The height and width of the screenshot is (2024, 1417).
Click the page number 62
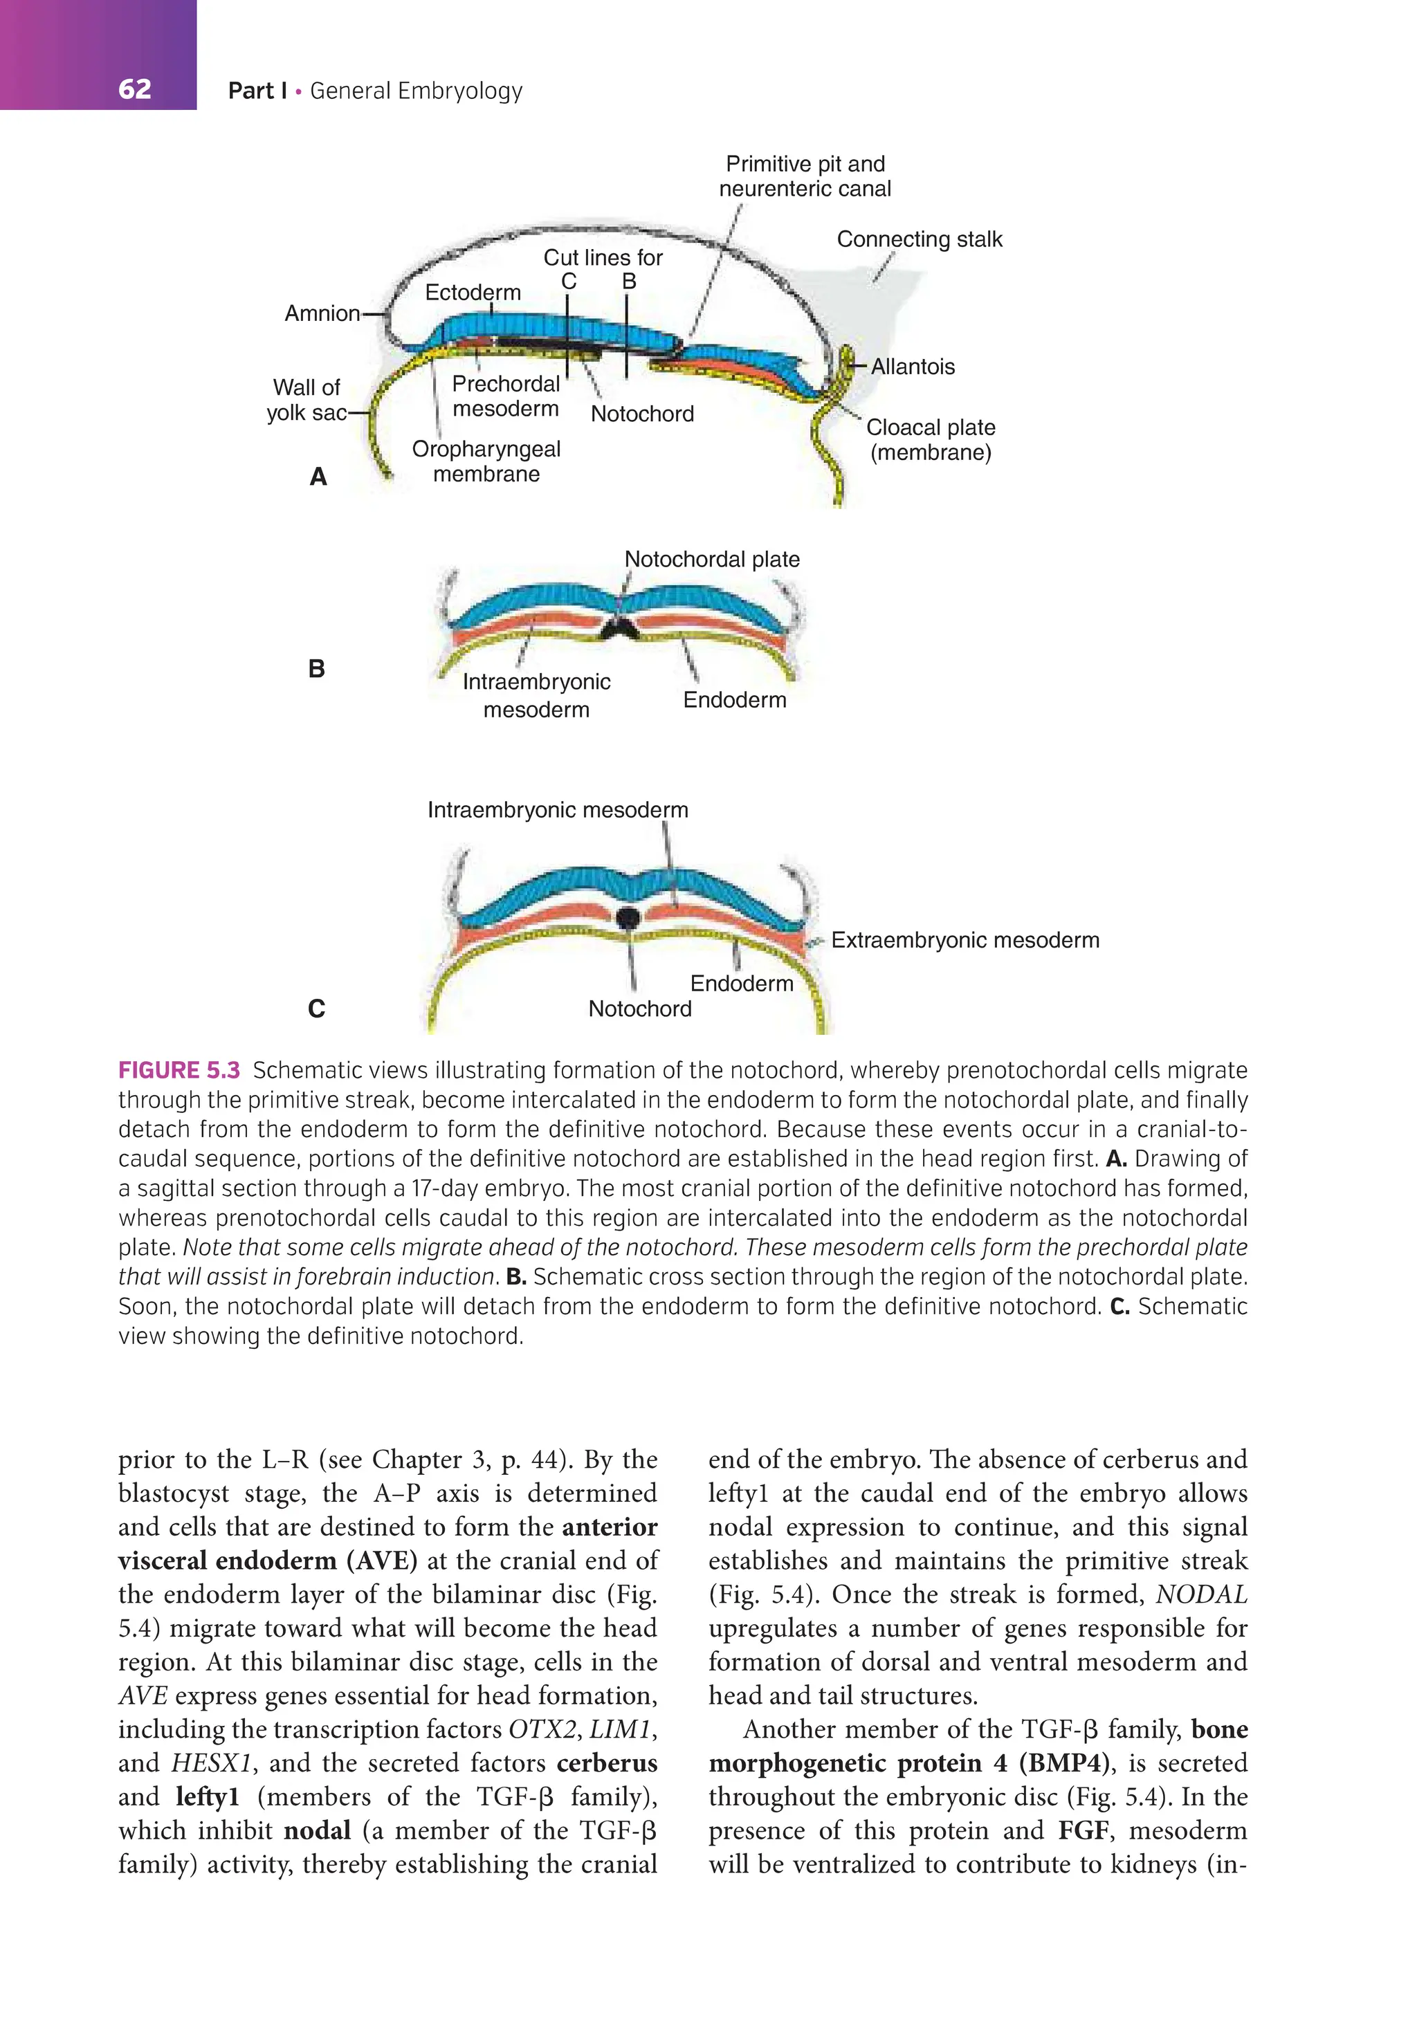134,89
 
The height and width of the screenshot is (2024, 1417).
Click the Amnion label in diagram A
322,314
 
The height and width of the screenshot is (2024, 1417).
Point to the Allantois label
913,367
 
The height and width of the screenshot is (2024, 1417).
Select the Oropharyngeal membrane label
486,461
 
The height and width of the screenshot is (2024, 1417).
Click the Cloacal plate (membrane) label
931,440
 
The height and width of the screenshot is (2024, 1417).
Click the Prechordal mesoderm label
505,396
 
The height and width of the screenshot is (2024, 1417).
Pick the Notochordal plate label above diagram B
711,560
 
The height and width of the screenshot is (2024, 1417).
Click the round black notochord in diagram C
627,918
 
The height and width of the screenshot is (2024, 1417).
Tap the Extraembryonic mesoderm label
965,941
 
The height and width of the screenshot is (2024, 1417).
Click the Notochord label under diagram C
639,1009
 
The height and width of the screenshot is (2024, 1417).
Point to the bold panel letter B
317,669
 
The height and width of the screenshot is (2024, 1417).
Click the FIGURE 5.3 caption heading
179,1070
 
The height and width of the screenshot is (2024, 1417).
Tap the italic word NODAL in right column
1201,1594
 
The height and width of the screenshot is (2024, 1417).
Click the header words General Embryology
417,91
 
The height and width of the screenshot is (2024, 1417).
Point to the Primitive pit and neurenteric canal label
804,176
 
